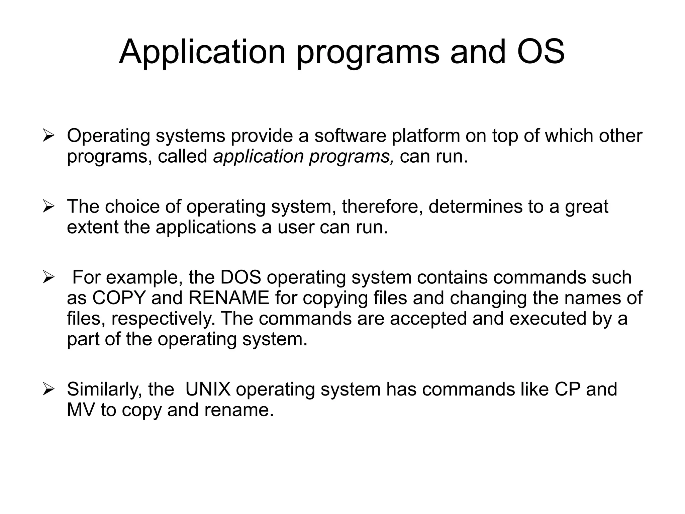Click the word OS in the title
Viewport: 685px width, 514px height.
[x=541, y=52]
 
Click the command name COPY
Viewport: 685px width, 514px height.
[x=119, y=298]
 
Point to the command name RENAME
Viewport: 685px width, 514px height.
[x=229, y=298]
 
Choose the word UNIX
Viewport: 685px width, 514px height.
[x=208, y=389]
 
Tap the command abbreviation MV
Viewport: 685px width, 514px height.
[x=81, y=410]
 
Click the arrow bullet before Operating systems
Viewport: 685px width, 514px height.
[x=48, y=136]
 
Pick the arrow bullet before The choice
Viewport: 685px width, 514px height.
[x=48, y=207]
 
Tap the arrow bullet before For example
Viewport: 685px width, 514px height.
[x=48, y=277]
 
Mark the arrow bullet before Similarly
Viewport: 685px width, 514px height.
[x=48, y=390]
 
